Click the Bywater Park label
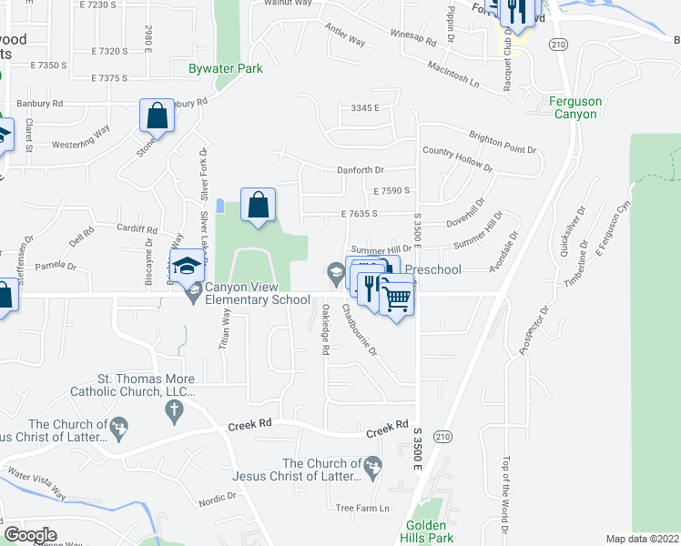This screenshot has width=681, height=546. (x=225, y=68)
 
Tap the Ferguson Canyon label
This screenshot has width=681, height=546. (x=574, y=107)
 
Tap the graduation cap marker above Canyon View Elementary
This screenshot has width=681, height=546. (x=187, y=266)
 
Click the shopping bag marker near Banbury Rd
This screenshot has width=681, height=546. (x=157, y=116)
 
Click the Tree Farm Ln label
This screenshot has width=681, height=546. (x=362, y=508)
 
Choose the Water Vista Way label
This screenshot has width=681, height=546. (x=36, y=484)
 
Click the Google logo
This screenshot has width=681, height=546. (x=30, y=534)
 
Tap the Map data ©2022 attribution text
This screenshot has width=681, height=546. (x=642, y=539)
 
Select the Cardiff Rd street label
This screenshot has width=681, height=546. (x=137, y=230)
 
